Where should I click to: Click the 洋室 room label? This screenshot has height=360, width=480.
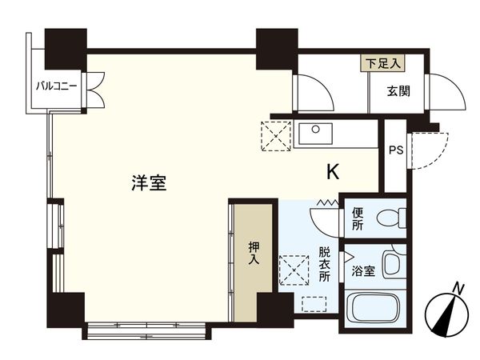[148, 182]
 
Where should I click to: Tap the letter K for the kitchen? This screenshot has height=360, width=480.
[331, 171]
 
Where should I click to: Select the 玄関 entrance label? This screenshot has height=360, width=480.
[398, 91]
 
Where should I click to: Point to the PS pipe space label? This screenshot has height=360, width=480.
[395, 150]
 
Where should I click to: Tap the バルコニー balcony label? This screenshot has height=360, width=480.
[56, 85]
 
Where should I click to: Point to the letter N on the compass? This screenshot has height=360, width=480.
[457, 287]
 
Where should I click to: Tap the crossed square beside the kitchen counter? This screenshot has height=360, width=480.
[276, 135]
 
